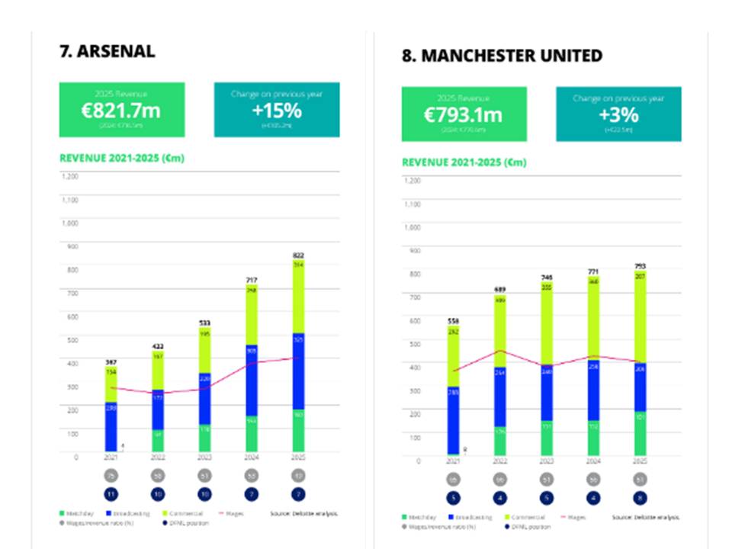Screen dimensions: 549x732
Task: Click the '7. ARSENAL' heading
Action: tap(107, 51)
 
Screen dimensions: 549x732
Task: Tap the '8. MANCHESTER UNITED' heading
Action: tap(502, 56)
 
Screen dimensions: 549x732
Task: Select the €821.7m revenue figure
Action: tap(121, 110)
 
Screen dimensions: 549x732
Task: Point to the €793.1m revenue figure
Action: tap(464, 114)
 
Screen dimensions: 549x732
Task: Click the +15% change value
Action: tap(277, 110)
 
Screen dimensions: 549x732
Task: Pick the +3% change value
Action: tap(618, 114)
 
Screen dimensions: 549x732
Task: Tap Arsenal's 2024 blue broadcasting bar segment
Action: tap(251, 380)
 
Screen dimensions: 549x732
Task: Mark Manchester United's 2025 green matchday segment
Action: tap(640, 432)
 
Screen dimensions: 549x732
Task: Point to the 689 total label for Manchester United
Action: tap(499, 290)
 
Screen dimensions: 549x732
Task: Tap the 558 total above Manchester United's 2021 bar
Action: tap(453, 321)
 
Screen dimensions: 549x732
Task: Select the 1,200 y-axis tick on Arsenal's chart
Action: tap(70, 176)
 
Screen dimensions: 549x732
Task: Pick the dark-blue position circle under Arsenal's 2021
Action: tap(112, 493)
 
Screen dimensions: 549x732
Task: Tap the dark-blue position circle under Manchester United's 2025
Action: tap(640, 498)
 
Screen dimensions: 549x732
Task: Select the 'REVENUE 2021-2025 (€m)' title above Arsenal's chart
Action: tap(122, 159)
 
